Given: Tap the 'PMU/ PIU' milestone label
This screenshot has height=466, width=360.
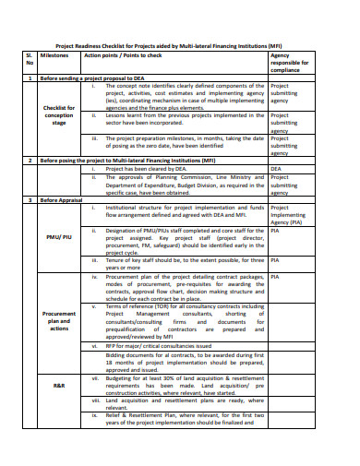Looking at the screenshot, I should [59, 236].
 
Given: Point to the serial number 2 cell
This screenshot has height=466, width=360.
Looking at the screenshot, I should [30, 160].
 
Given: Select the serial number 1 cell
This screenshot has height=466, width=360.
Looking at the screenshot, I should [30, 78].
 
